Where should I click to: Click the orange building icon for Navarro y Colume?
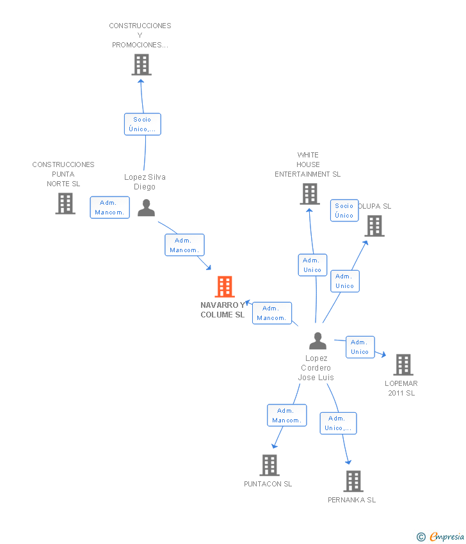click(x=225, y=287)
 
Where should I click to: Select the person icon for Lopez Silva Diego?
click(x=146, y=208)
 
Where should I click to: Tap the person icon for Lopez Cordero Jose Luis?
click(x=318, y=340)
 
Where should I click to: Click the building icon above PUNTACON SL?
click(x=269, y=465)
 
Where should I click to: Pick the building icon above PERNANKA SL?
click(x=353, y=481)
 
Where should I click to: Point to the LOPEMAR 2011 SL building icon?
click(x=403, y=365)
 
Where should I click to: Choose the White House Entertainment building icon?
click(x=310, y=194)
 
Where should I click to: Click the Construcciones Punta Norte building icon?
click(x=65, y=204)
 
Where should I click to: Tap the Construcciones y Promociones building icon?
click(x=141, y=65)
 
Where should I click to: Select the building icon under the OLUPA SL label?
click(x=374, y=226)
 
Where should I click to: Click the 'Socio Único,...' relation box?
click(x=143, y=124)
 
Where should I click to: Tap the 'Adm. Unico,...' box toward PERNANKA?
click(x=339, y=423)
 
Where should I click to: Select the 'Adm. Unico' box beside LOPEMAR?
click(x=360, y=347)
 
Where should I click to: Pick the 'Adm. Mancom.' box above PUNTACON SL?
click(x=287, y=415)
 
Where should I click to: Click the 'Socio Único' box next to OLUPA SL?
click(x=344, y=211)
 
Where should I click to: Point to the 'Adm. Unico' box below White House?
click(x=312, y=265)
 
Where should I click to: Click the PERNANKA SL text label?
click(x=352, y=500)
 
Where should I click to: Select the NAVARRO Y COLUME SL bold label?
click(x=223, y=310)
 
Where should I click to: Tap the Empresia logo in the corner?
click(x=440, y=537)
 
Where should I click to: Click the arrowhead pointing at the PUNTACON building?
click(x=275, y=445)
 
